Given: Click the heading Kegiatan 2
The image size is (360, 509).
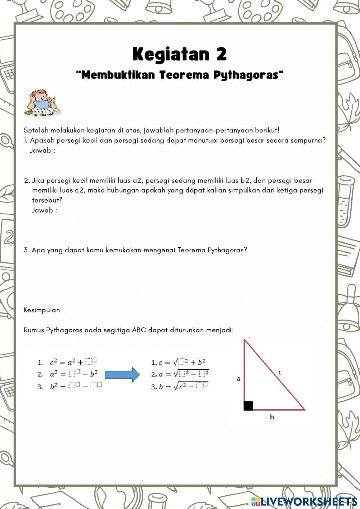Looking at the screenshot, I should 180,54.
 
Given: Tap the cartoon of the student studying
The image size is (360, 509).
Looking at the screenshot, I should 42,103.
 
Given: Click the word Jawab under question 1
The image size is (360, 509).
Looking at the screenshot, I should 40,150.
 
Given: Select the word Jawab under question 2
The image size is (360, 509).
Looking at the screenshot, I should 42,210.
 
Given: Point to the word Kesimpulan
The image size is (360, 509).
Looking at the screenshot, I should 42,310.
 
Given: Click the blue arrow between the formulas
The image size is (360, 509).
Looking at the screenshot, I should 122,375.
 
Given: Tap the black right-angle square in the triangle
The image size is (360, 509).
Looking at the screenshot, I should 248,406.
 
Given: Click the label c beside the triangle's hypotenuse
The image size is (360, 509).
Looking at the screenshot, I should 280,372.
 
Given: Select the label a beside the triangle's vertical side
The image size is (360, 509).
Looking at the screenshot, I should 238,379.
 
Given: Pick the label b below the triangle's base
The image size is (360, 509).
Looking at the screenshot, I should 272,417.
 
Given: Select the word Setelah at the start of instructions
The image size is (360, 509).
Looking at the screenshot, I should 36,130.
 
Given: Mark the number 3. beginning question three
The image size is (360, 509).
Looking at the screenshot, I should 27,250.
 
